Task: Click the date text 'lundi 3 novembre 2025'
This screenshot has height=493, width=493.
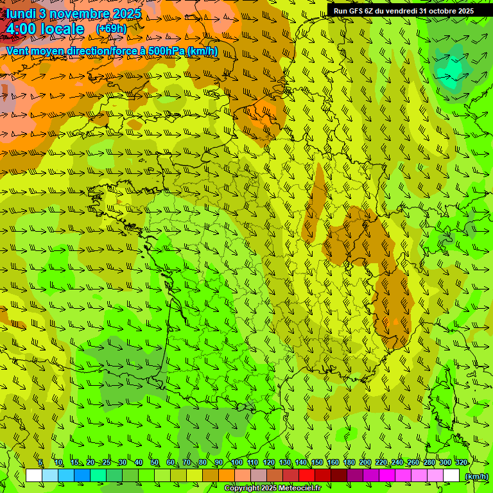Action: (74, 13)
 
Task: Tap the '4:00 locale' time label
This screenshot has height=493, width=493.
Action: (45, 29)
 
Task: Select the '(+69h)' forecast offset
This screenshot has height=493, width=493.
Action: (111, 29)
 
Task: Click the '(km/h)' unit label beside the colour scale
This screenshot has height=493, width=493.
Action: (476, 476)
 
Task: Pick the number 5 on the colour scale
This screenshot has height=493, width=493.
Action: (40, 463)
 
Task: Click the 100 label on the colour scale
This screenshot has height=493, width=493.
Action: (236, 463)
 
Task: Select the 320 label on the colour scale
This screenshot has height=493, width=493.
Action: (461, 463)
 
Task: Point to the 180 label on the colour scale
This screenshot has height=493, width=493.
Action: (349, 463)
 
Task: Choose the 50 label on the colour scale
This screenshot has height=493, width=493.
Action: (155, 463)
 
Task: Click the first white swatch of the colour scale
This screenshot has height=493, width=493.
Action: (34, 476)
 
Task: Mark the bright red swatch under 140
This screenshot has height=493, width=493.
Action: (307, 476)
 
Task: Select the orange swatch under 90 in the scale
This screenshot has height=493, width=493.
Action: (227, 476)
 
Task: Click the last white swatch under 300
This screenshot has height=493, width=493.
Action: (451, 476)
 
